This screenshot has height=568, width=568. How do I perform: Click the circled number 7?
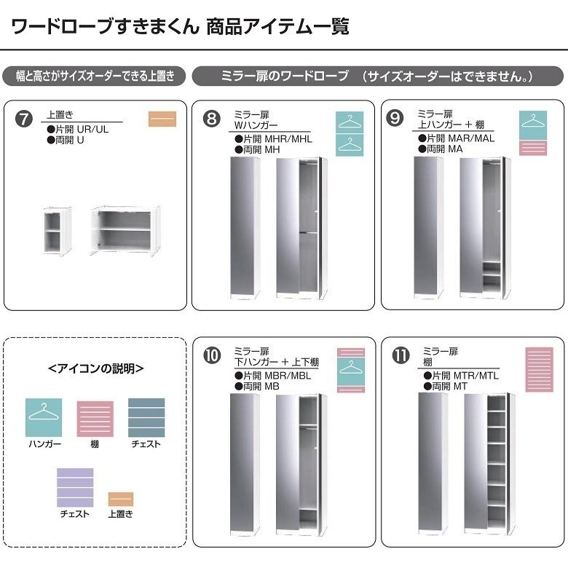[x=24, y=119]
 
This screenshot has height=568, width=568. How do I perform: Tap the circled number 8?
[x=212, y=119]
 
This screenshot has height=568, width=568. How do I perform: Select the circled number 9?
[x=395, y=119]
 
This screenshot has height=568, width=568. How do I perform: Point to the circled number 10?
[x=212, y=355]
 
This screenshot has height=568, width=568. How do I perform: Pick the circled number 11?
[x=401, y=355]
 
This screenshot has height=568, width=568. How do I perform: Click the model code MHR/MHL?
[x=288, y=139]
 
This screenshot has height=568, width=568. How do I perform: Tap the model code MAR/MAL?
[x=471, y=138]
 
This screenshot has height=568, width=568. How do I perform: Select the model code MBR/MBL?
[x=288, y=376]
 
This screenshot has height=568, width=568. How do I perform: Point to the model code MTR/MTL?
[x=476, y=376]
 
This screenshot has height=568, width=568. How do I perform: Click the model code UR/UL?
[x=92, y=130]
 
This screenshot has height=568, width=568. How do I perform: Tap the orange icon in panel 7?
[x=162, y=119]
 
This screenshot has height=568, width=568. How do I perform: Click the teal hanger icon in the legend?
[x=44, y=418]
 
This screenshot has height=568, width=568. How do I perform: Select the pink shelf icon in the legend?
[x=95, y=419]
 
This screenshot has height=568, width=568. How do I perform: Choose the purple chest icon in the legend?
[x=75, y=488]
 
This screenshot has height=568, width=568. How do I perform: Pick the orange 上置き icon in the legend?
[x=121, y=499]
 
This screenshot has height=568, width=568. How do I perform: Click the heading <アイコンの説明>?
[x=95, y=368]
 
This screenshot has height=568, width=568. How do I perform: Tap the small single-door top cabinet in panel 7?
[x=57, y=231]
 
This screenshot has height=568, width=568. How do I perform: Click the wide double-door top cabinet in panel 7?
[x=125, y=230]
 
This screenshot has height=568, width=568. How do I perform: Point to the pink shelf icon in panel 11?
[x=540, y=369]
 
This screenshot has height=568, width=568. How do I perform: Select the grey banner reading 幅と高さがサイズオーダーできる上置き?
[x=94, y=76]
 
